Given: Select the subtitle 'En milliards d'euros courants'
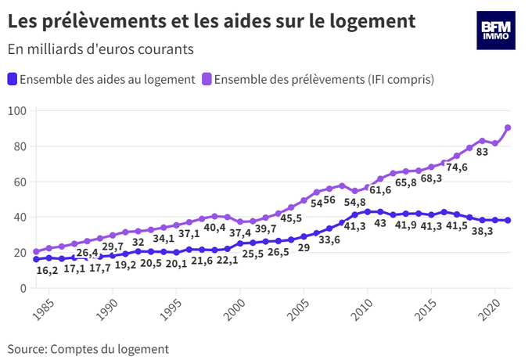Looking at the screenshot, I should (100, 49).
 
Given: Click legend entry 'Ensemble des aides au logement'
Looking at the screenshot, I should (101, 79).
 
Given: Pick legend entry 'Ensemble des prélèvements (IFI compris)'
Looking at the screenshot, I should (318, 79).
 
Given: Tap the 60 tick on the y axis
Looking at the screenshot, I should (20, 182).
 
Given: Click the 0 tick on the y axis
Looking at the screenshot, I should (23, 288).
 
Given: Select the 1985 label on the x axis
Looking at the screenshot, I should (49, 306).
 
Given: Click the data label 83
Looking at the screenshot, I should (482, 152).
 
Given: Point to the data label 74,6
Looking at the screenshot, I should (458, 167).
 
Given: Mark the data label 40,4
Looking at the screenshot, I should (214, 229).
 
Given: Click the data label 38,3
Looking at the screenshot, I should (483, 232).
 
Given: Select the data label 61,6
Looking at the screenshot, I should (380, 189).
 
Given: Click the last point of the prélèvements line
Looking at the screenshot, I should (509, 128).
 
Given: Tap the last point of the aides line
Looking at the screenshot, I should (509, 220).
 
